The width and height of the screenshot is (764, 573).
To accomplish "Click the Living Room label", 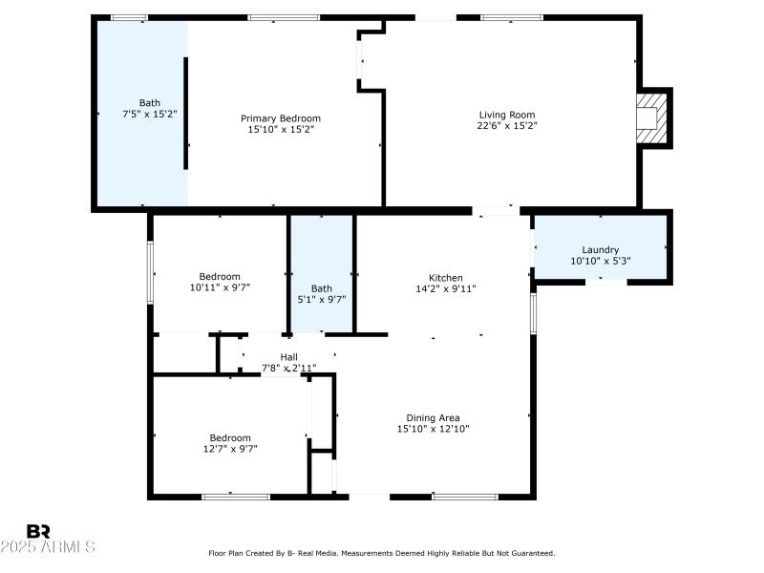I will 507,115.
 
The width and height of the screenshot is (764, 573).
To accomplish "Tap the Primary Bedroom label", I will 280,117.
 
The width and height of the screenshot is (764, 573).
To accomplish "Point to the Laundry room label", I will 600,249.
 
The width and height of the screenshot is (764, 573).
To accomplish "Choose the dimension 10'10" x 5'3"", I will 600,261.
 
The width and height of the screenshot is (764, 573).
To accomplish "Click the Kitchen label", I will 445,277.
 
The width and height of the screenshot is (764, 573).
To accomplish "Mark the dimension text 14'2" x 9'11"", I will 445,288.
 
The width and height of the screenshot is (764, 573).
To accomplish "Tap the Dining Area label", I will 433,417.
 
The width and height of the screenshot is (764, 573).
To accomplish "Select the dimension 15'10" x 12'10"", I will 433,429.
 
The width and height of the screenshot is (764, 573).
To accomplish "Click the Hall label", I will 288,356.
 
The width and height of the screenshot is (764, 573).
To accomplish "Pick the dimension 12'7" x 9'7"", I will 230,448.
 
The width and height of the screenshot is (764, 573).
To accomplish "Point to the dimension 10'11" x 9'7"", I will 220,287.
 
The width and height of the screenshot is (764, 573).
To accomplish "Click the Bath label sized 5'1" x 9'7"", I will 322,288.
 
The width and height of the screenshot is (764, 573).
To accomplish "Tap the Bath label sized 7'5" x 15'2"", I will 149,102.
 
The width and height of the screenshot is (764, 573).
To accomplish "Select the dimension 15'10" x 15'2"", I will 280,129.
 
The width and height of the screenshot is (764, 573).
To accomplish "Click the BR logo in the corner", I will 38,530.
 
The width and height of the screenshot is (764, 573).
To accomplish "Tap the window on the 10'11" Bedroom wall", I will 150,272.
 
